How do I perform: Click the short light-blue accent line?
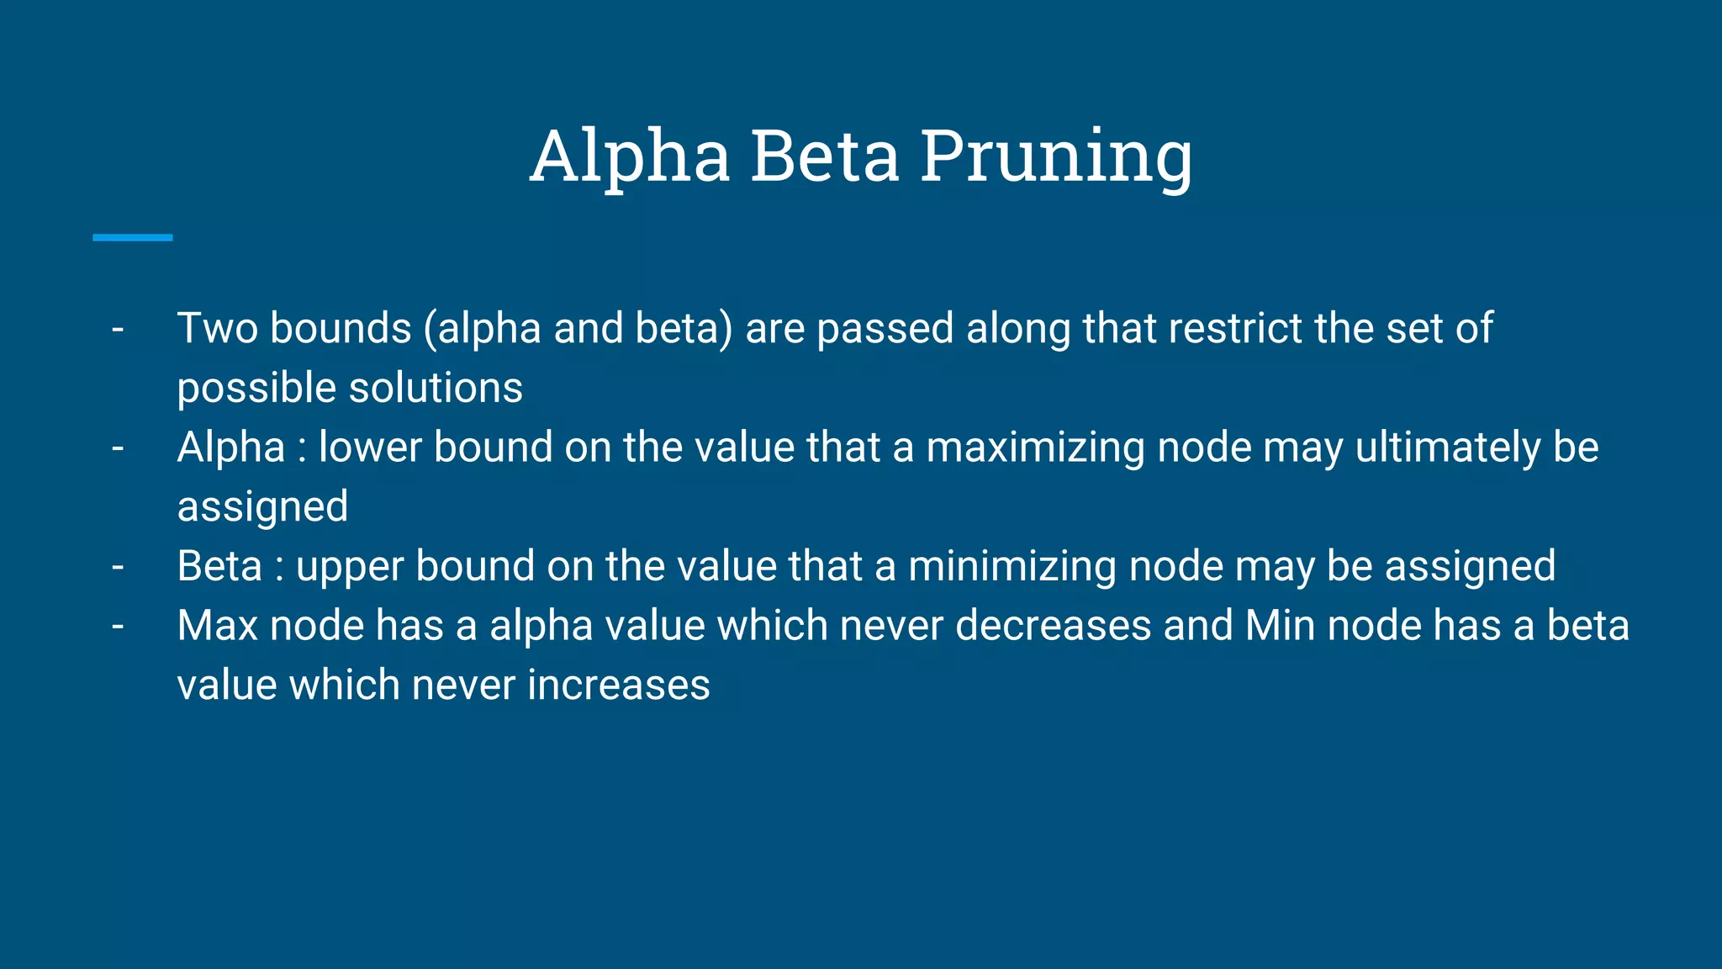click(133, 238)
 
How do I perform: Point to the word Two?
click(217, 328)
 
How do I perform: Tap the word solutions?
click(436, 388)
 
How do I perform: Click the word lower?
click(370, 447)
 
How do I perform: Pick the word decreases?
click(1053, 626)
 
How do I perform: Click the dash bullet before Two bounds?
click(118, 329)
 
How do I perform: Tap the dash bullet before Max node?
click(118, 627)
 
